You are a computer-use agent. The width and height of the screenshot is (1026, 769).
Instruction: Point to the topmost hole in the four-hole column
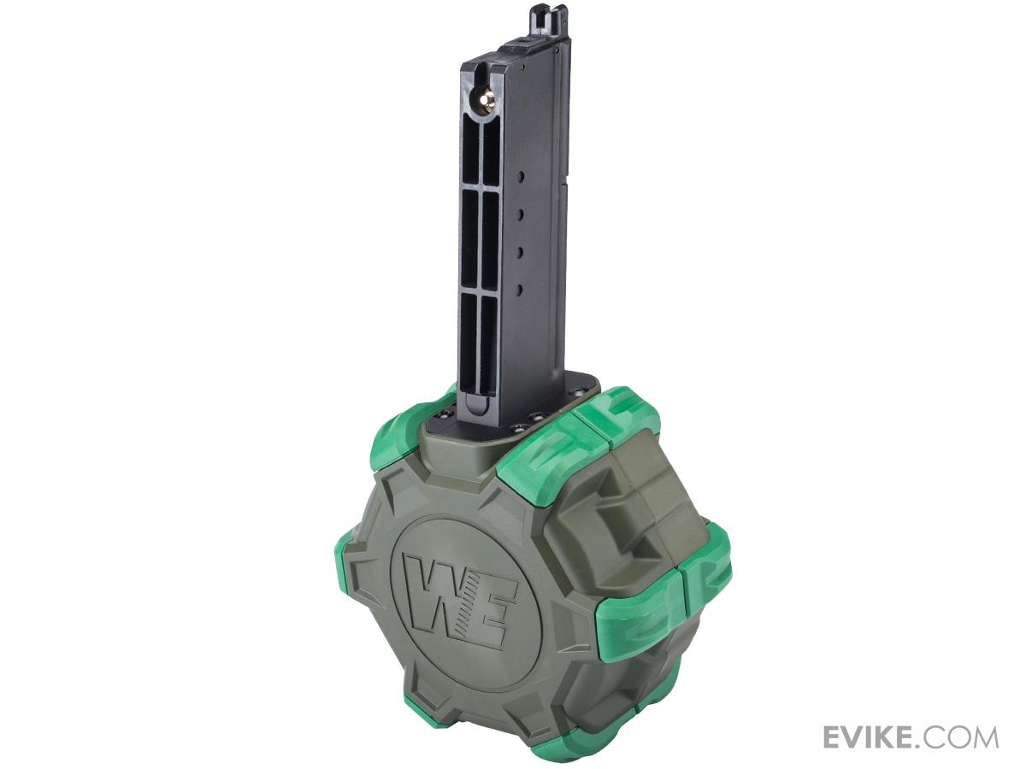pos(522,177)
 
